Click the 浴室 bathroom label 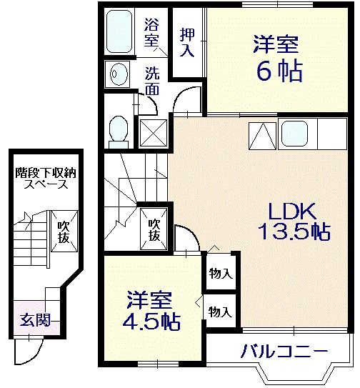click(x=151, y=32)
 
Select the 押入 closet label click(x=187, y=41)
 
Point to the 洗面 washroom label click(x=152, y=80)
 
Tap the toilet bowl click(x=119, y=130)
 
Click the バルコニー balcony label click(x=284, y=352)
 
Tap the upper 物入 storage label click(x=220, y=273)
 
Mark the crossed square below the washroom click(x=152, y=132)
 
